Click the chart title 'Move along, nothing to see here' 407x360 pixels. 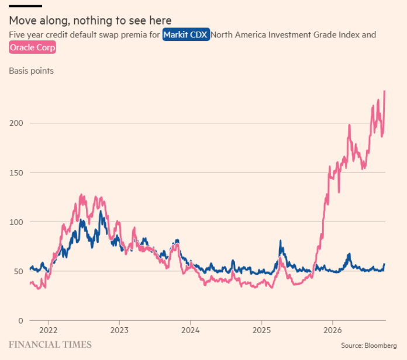(90, 20)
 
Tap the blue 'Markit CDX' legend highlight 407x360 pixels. (186, 34)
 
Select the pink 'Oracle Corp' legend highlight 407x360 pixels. (32, 47)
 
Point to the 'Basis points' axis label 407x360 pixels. (31, 71)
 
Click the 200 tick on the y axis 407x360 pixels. (16, 123)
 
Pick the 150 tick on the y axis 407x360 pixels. (16, 173)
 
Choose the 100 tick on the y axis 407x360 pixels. (16, 222)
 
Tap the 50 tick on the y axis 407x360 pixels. (18, 272)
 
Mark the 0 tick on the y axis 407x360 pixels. (21, 321)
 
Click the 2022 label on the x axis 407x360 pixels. (49, 330)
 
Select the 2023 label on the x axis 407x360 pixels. (119, 330)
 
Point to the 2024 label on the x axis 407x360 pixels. (190, 330)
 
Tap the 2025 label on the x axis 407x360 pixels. (261, 330)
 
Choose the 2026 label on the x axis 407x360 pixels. (333, 330)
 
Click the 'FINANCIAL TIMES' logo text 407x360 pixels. (50, 345)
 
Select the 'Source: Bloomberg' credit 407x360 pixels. (369, 345)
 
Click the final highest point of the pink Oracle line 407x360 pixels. (384, 91)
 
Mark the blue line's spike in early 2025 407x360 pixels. (280, 241)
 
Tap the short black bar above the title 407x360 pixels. (26, 6)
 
